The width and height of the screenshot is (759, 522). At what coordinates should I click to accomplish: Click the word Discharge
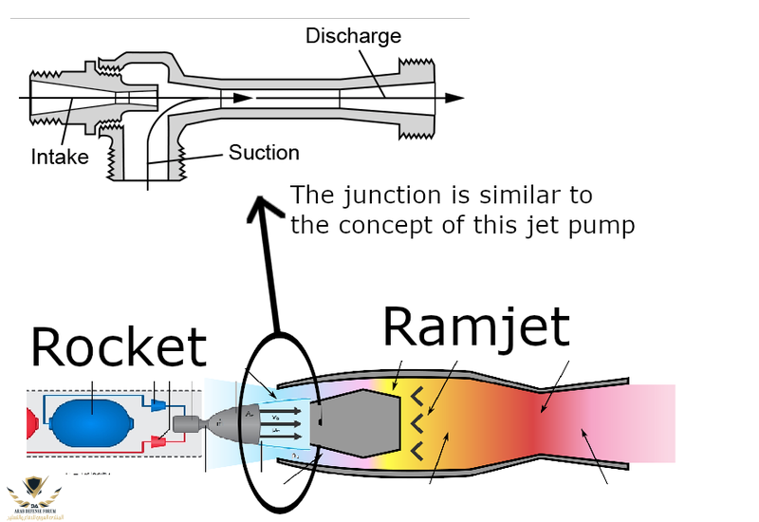pyautogui.click(x=353, y=37)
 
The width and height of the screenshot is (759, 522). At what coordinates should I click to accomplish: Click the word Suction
pyautogui.click(x=263, y=153)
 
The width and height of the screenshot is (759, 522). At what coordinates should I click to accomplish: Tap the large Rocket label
pyautogui.click(x=118, y=347)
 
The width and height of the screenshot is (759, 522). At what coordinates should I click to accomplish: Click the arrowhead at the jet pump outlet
pyautogui.click(x=455, y=97)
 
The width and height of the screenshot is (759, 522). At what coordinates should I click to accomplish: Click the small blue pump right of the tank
pyautogui.click(x=157, y=404)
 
